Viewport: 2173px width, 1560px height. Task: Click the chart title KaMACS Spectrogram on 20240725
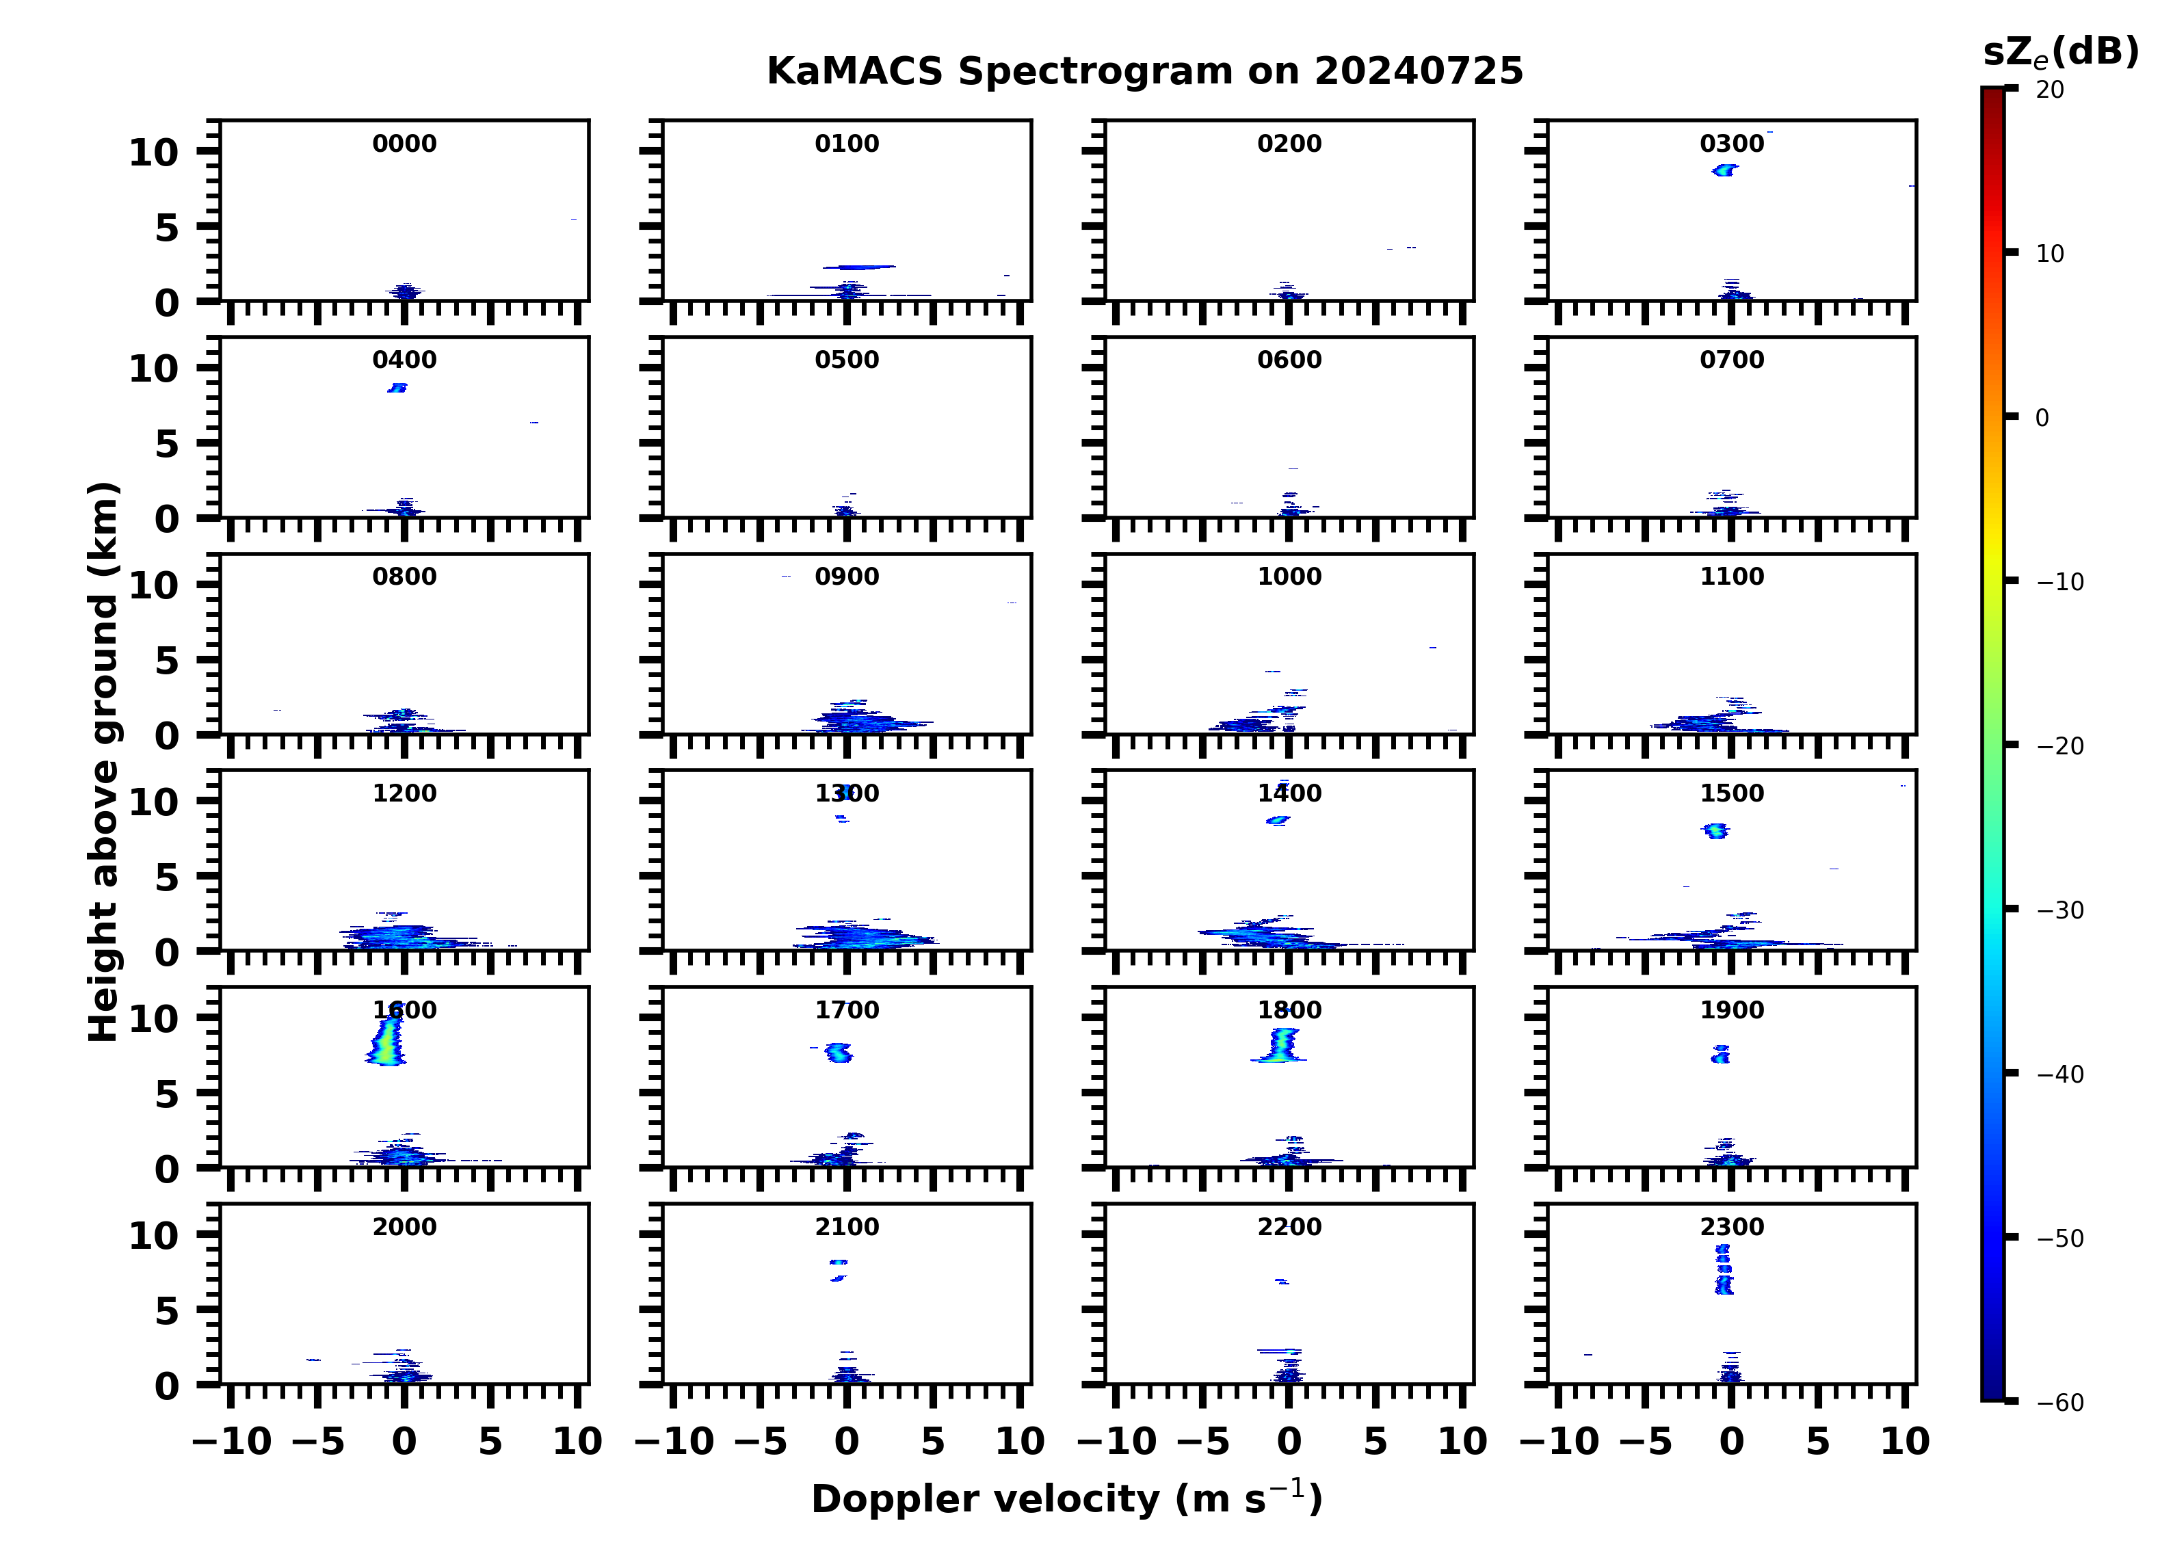coord(1145,72)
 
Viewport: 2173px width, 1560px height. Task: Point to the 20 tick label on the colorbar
coord(2049,89)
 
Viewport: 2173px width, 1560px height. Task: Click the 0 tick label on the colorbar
coord(2042,418)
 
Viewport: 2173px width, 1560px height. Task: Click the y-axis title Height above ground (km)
coord(103,762)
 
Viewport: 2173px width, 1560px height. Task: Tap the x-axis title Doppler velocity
coord(1066,1498)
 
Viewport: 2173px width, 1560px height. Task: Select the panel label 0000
coord(404,144)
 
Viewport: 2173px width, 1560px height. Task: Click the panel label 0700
coord(1731,360)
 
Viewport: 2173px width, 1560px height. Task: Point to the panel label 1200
coord(404,793)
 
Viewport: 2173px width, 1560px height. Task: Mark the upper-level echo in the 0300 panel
coord(1724,170)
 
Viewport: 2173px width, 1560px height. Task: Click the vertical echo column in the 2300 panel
coord(1724,1269)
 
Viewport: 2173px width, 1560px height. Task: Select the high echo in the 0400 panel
coord(397,388)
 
